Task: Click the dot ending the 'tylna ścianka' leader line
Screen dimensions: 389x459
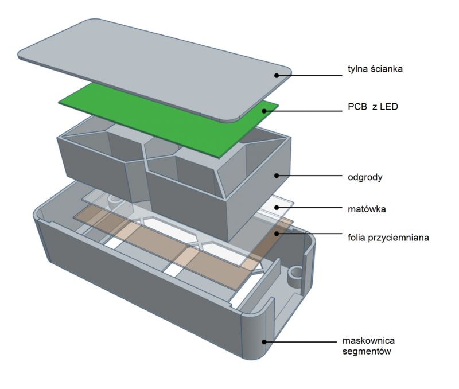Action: tap(277, 75)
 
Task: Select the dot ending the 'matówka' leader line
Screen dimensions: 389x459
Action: tap(276, 209)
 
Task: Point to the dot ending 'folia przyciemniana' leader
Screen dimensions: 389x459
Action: tap(277, 234)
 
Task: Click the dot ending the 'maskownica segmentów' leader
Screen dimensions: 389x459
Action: tap(264, 342)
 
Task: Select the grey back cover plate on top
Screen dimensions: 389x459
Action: tap(149, 63)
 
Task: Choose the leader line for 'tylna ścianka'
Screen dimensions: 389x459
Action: tap(310, 75)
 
